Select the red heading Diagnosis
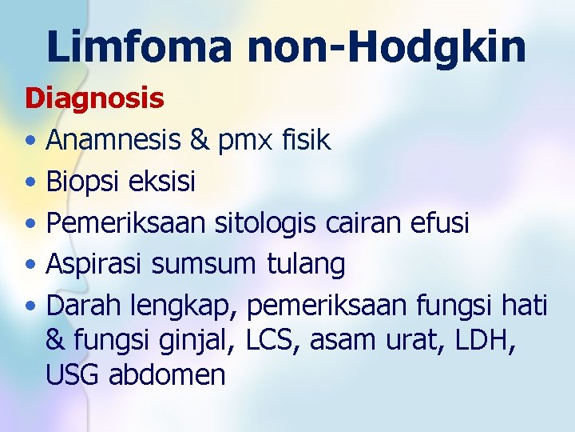94,98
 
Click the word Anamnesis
112,141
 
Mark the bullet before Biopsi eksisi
30,182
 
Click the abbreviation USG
73,375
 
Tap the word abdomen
167,375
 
